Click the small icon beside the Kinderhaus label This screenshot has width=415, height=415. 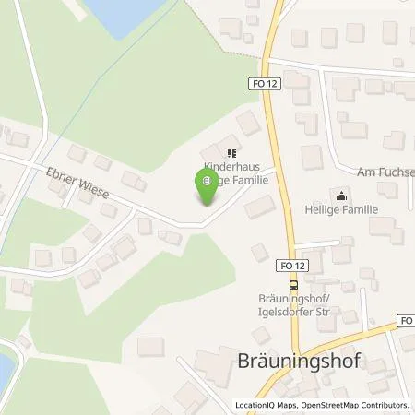233,154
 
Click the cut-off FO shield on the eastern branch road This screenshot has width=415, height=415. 407,320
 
